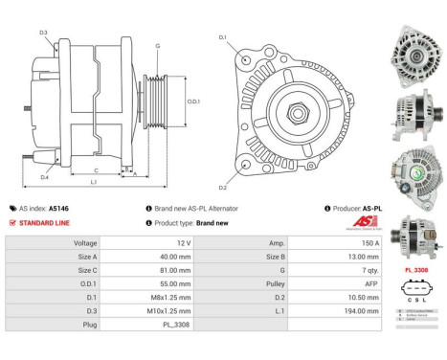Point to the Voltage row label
click(86, 243)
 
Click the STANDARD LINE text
click(42, 222)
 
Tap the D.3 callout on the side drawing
click(43, 34)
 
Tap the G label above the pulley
click(157, 45)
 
